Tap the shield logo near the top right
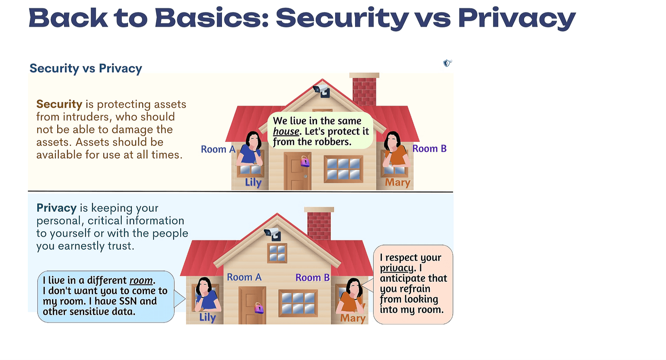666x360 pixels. coord(447,63)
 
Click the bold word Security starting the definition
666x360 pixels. coord(59,104)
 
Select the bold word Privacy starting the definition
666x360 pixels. coord(56,208)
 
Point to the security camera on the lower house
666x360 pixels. coord(272,234)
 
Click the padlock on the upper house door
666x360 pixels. coord(305,161)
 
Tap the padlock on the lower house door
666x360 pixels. coord(259,308)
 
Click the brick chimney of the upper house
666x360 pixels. coord(364,89)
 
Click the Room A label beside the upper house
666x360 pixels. coord(218,149)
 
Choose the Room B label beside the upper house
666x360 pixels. coord(429,148)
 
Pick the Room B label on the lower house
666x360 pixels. coord(313,278)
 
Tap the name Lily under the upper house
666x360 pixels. coord(253,182)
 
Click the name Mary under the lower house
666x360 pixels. coord(353,318)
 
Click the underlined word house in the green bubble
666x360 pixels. coord(286,131)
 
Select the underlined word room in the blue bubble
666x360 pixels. coord(141,280)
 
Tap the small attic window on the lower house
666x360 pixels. coord(277,253)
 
